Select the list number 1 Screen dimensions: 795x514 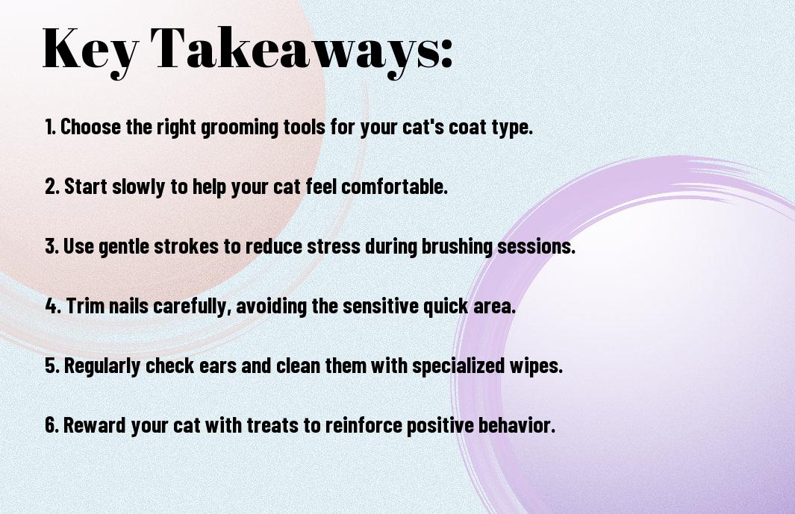pyautogui.click(x=50, y=127)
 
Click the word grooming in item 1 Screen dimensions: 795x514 pyautogui.click(x=240, y=128)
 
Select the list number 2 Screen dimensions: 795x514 pyautogui.click(x=52, y=187)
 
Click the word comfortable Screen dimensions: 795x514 pyautogui.click(x=394, y=187)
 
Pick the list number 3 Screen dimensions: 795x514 pyautogui.click(x=52, y=246)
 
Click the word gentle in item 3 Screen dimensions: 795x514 pyautogui.click(x=123, y=248)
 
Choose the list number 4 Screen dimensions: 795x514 pyautogui.click(x=53, y=306)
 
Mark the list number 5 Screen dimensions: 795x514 pyautogui.click(x=52, y=366)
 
